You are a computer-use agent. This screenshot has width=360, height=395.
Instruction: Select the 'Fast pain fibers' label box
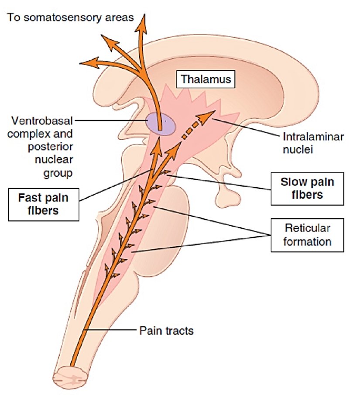tap(43, 204)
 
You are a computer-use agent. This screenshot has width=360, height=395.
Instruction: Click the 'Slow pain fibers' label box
tap(308, 189)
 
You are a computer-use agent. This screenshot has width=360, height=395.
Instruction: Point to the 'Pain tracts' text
tap(166, 330)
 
